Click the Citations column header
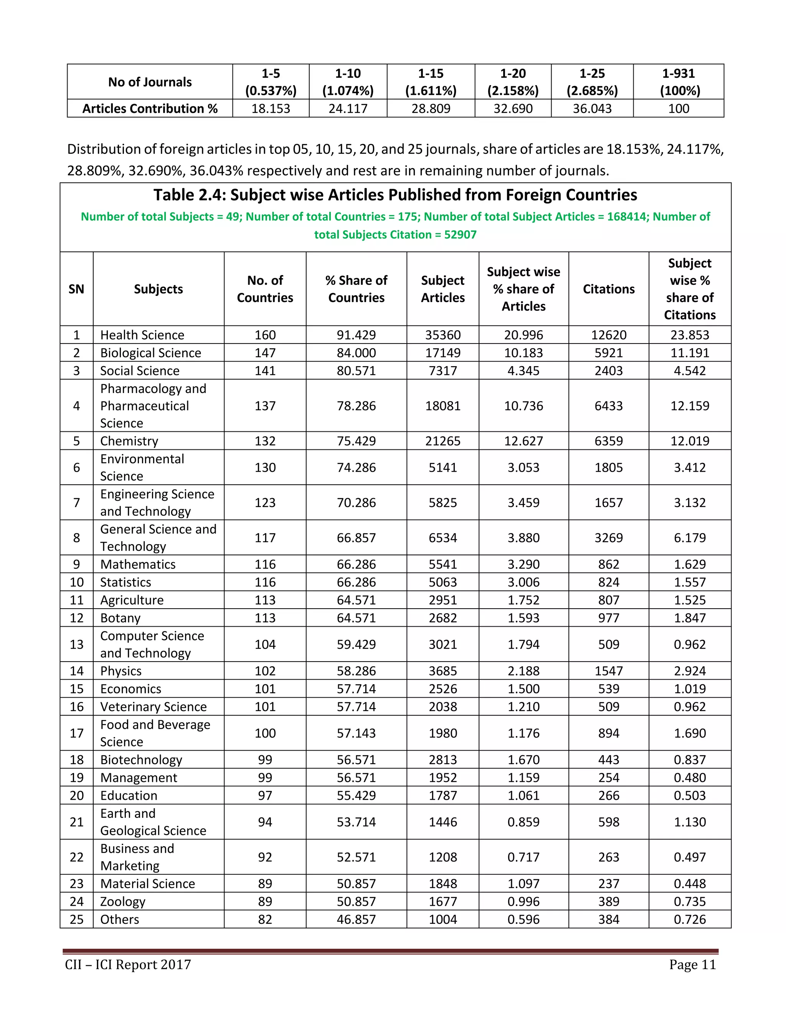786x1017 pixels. click(x=608, y=289)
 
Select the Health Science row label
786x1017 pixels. click(x=142, y=335)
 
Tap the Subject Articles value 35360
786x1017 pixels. click(x=443, y=335)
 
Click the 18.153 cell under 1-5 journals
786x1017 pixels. click(x=271, y=109)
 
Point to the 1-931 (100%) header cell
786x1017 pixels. click(x=678, y=82)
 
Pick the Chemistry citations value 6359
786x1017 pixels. click(x=608, y=441)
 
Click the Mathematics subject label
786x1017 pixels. click(x=138, y=565)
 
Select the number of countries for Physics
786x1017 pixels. click(x=264, y=671)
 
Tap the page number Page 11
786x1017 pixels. click(x=692, y=964)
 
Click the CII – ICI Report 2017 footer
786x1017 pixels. click(x=128, y=964)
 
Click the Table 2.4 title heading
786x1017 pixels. click(x=395, y=195)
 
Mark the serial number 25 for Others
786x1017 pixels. click(x=76, y=920)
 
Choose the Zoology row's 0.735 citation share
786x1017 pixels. click(x=689, y=901)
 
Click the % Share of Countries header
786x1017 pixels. click(x=356, y=289)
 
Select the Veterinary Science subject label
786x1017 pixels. click(x=153, y=707)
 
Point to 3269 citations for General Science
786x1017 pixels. click(x=608, y=538)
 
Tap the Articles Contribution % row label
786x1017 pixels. click(x=150, y=109)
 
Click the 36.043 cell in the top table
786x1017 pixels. click(x=591, y=109)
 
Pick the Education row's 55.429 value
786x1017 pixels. click(x=356, y=795)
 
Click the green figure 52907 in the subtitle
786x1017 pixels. click(x=460, y=235)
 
